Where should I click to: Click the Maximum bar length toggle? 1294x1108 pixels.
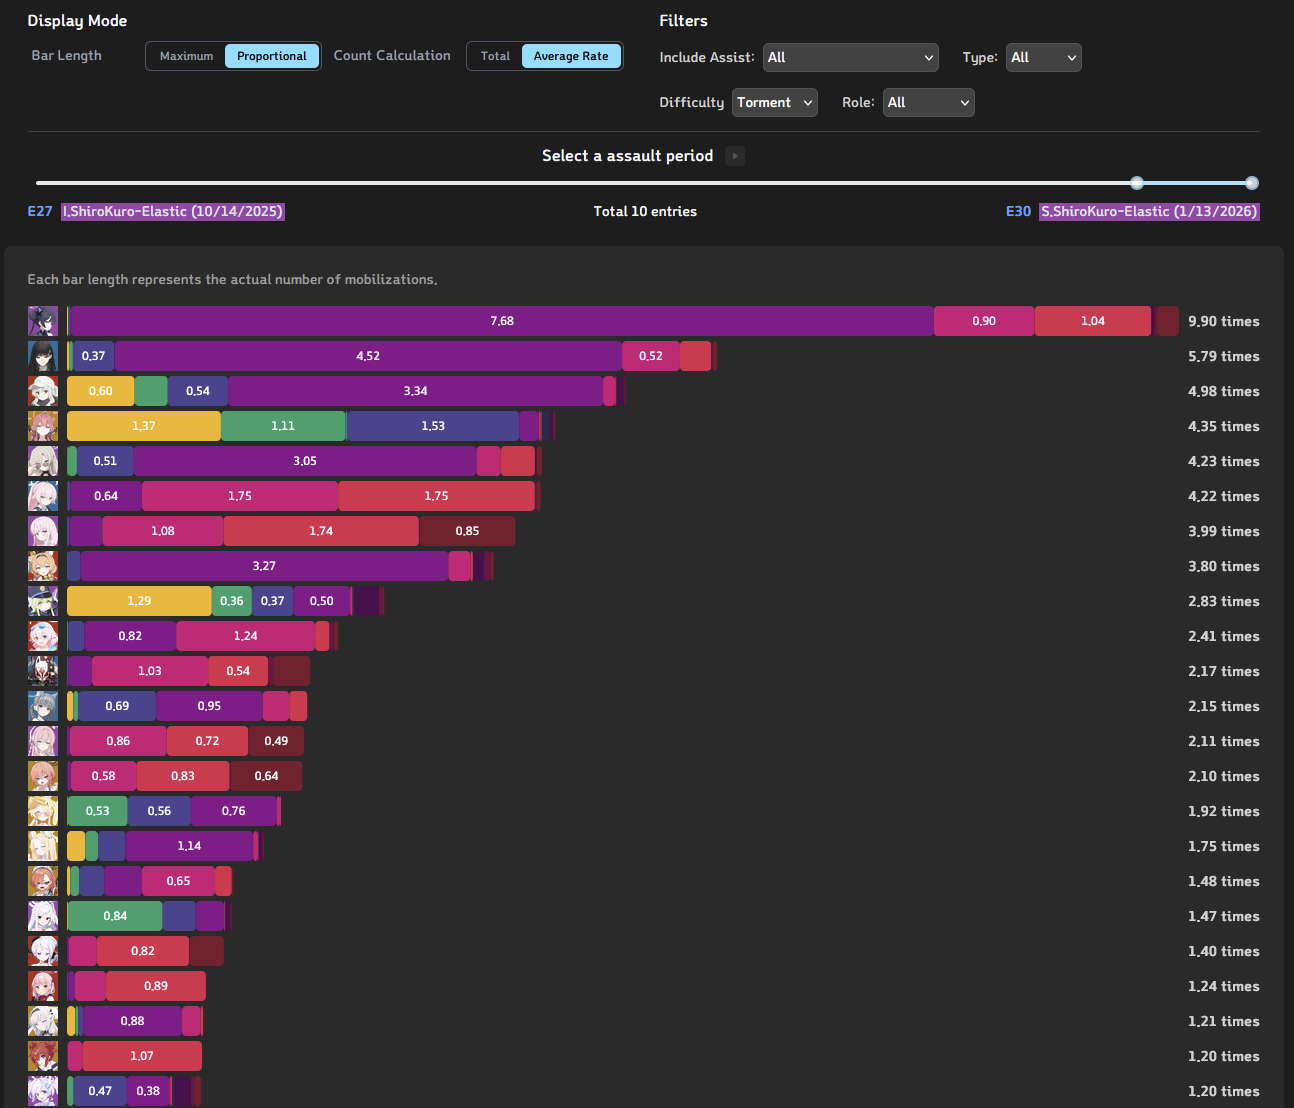coord(186,56)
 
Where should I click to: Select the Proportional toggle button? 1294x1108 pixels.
coord(271,56)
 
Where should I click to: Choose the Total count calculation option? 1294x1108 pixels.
coord(495,56)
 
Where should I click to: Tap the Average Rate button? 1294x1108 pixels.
coord(570,56)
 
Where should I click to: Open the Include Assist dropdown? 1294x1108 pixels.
coord(850,58)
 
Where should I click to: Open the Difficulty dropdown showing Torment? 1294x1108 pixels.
coord(774,103)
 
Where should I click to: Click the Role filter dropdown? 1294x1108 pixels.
coord(928,103)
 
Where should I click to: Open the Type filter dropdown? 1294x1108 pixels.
coord(1043,58)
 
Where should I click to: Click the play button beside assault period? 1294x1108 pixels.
coord(735,156)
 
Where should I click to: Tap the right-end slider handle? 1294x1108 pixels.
coord(1252,183)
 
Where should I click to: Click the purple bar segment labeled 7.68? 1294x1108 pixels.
coord(501,321)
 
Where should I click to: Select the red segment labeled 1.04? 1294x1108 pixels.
coord(1092,321)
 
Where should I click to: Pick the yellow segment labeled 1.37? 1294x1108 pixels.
coord(143,426)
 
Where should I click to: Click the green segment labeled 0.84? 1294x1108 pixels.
coord(114,916)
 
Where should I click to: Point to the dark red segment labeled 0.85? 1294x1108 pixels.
coord(467,531)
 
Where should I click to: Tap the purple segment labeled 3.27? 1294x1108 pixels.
coord(264,566)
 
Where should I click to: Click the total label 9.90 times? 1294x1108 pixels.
coord(1223,322)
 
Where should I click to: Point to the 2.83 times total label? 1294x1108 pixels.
coord(1223,602)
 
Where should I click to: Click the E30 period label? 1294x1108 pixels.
coord(1018,212)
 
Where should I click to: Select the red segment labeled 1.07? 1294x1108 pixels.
coord(142,1056)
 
